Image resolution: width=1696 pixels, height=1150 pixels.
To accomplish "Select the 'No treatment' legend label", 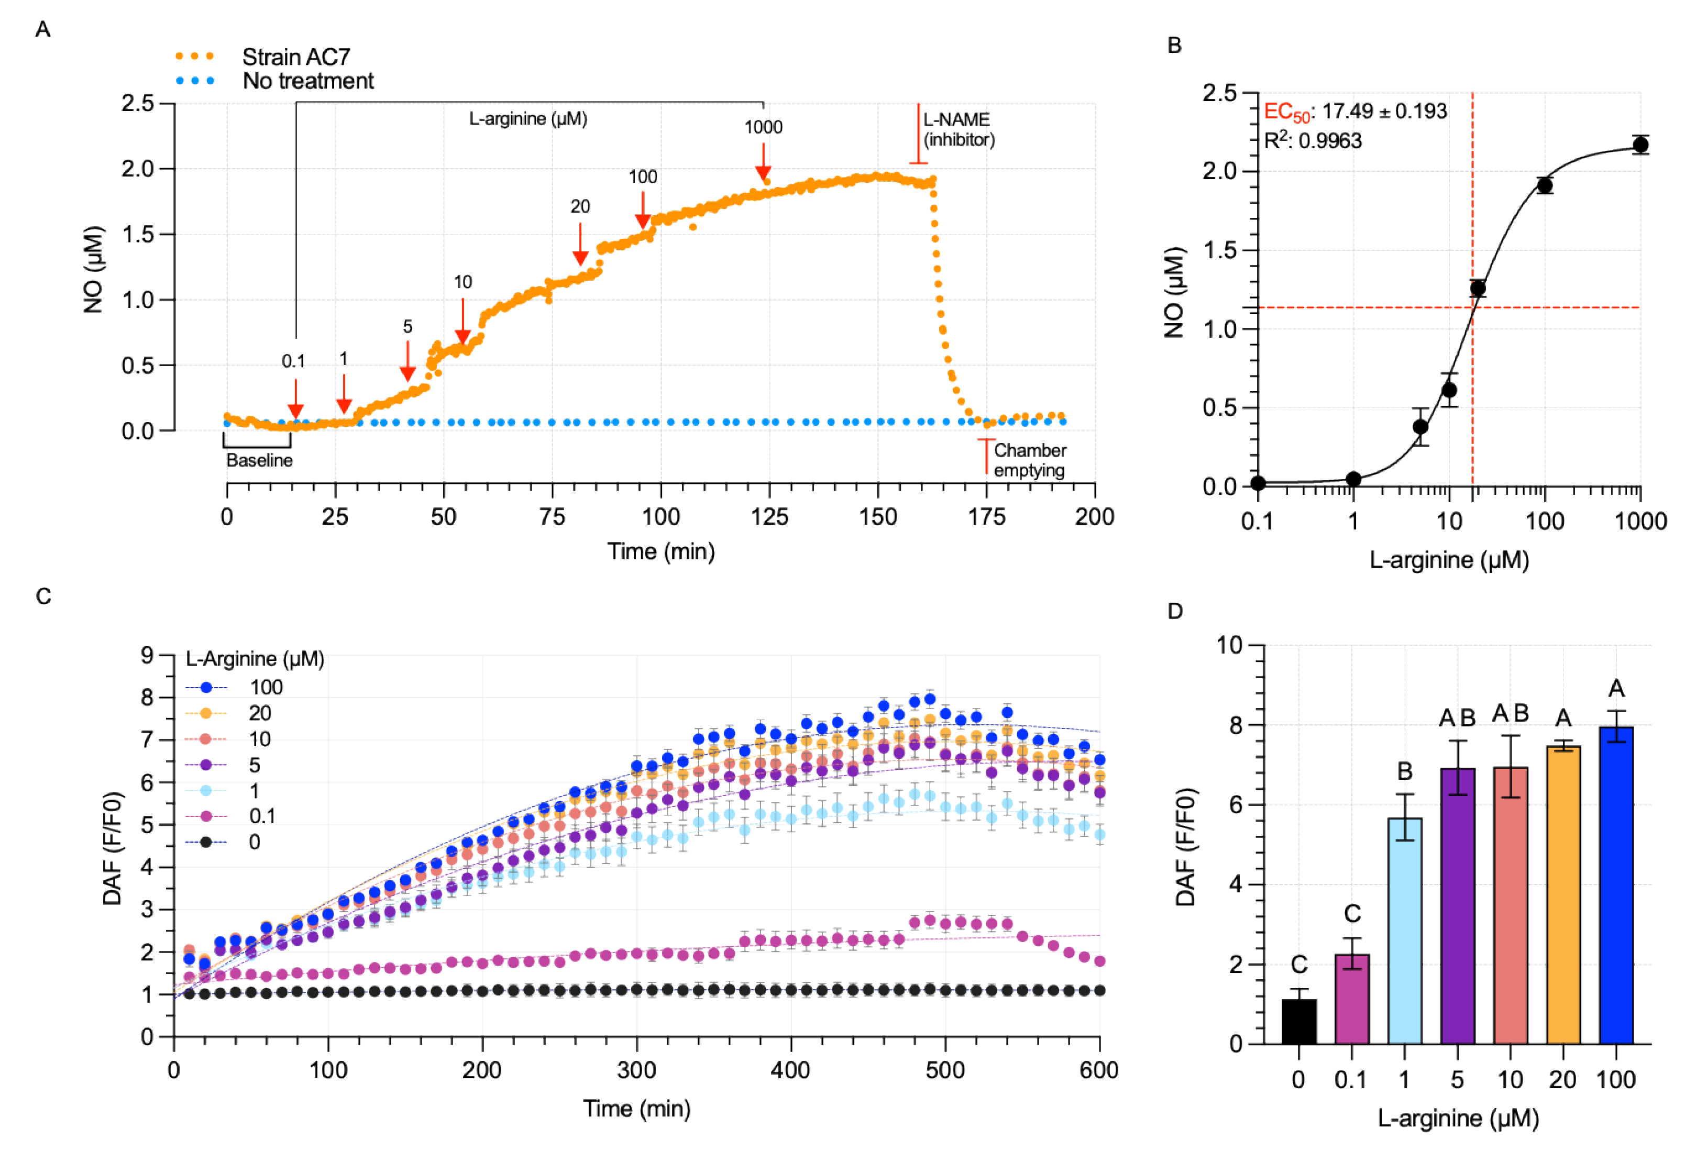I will [307, 81].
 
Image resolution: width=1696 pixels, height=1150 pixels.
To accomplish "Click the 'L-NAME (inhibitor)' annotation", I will [958, 129].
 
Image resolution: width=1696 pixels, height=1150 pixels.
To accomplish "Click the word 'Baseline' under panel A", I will [259, 460].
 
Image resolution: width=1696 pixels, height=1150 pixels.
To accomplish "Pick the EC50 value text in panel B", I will [1354, 112].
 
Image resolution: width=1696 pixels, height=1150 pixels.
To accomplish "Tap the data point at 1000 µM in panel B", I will [1640, 145].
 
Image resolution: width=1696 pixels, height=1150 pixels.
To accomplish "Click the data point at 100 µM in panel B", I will [1544, 185].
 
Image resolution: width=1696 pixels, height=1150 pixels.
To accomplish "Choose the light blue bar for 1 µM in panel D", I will [1404, 931].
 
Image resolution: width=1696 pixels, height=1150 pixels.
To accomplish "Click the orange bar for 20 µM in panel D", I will [1563, 894].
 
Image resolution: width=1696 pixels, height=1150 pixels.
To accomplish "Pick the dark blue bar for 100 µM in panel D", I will [1616, 884].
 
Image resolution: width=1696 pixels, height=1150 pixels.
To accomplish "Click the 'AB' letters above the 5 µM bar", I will [1457, 718].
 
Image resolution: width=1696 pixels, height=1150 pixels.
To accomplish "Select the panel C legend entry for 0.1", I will [262, 816].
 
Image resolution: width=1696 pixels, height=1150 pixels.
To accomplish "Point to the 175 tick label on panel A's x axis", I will [987, 517].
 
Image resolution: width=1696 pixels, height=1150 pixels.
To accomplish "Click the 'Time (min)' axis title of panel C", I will [636, 1109].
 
